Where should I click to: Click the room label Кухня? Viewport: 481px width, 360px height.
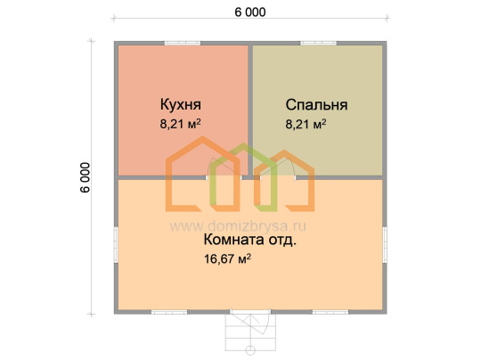pos(180,105)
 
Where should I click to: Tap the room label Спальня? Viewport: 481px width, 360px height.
pos(316,105)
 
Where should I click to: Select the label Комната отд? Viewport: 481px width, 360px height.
pos(250,240)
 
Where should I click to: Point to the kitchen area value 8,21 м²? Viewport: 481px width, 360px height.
pos(180,124)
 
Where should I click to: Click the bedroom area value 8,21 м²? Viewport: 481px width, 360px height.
pos(306,124)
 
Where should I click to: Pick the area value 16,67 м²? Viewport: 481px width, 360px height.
pos(228,258)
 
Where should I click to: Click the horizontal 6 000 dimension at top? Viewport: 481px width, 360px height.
pos(250,12)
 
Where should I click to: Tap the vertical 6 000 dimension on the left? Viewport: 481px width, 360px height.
pos(86,177)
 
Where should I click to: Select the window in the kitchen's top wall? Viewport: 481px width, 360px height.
pos(183,44)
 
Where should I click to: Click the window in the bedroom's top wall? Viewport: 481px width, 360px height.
pos(318,44)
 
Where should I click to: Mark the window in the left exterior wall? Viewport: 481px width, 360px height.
pos(116,244)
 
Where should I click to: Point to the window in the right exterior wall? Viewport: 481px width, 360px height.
pos(385,244)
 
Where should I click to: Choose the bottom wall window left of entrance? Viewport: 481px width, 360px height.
pos(169,312)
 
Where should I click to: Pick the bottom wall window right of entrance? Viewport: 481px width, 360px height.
pos(330,312)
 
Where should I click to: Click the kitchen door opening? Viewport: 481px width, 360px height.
pos(224,177)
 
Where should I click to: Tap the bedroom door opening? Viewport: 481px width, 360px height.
pos(278,177)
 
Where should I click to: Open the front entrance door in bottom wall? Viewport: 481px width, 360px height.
pos(250,312)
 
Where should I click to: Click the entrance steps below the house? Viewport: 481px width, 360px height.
pos(250,332)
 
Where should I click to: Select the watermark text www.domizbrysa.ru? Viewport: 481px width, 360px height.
pos(238,226)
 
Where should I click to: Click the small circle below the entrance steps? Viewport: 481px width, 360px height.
pos(250,351)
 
